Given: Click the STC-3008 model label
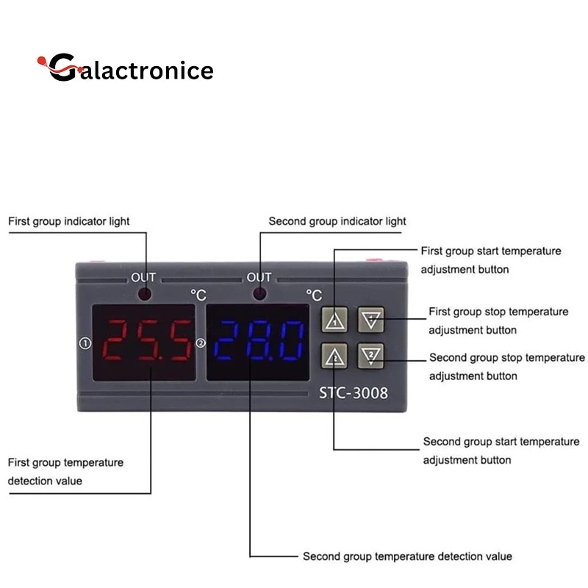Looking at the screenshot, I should pos(353,392).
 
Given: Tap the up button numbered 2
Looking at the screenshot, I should pos(334,356).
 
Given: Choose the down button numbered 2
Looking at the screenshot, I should pos(372,356).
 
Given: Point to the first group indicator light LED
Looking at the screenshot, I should pos(145,295).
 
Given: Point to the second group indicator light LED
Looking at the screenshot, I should pos(259,295).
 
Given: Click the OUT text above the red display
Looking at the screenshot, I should pos(143,277).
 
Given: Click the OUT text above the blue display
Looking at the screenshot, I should pos(259,277).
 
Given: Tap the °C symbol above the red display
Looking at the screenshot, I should pos(198,294).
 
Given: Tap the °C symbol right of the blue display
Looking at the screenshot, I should pos(314,295).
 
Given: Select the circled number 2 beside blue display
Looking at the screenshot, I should pos(200,343).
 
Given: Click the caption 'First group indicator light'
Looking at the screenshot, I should pos(69,221).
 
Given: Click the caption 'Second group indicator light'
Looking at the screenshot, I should pos(337,221).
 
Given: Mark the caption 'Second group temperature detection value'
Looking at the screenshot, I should pos(407,556).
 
